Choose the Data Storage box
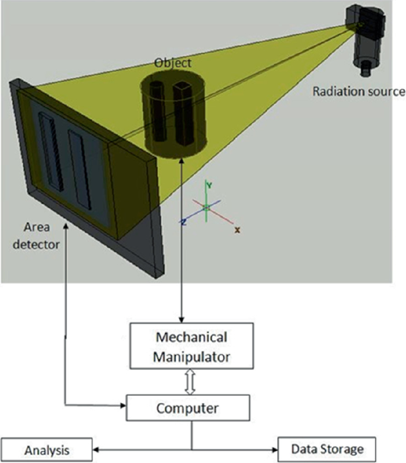pyautogui.click(x=328, y=448)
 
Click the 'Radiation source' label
pyautogui.click(x=359, y=91)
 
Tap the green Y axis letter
pyautogui.click(x=209, y=184)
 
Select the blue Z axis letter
pyautogui.click(x=184, y=221)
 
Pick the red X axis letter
pyautogui.click(x=237, y=229)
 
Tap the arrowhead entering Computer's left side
pyautogui.click(x=124, y=407)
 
